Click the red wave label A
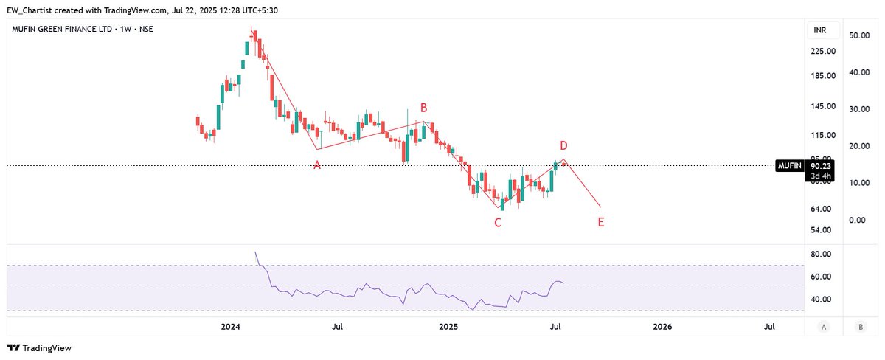(x=317, y=165)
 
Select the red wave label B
(x=424, y=108)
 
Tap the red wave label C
(x=498, y=222)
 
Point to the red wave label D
(x=563, y=145)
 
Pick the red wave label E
(x=601, y=221)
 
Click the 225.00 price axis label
(x=823, y=51)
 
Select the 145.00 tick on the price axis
(x=823, y=106)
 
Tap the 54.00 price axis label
(x=823, y=229)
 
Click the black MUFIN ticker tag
(x=789, y=166)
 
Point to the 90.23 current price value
(x=821, y=166)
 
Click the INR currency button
(x=819, y=30)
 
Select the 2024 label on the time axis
(x=231, y=326)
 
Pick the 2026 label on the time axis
(x=662, y=326)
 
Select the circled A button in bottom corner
(x=823, y=326)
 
